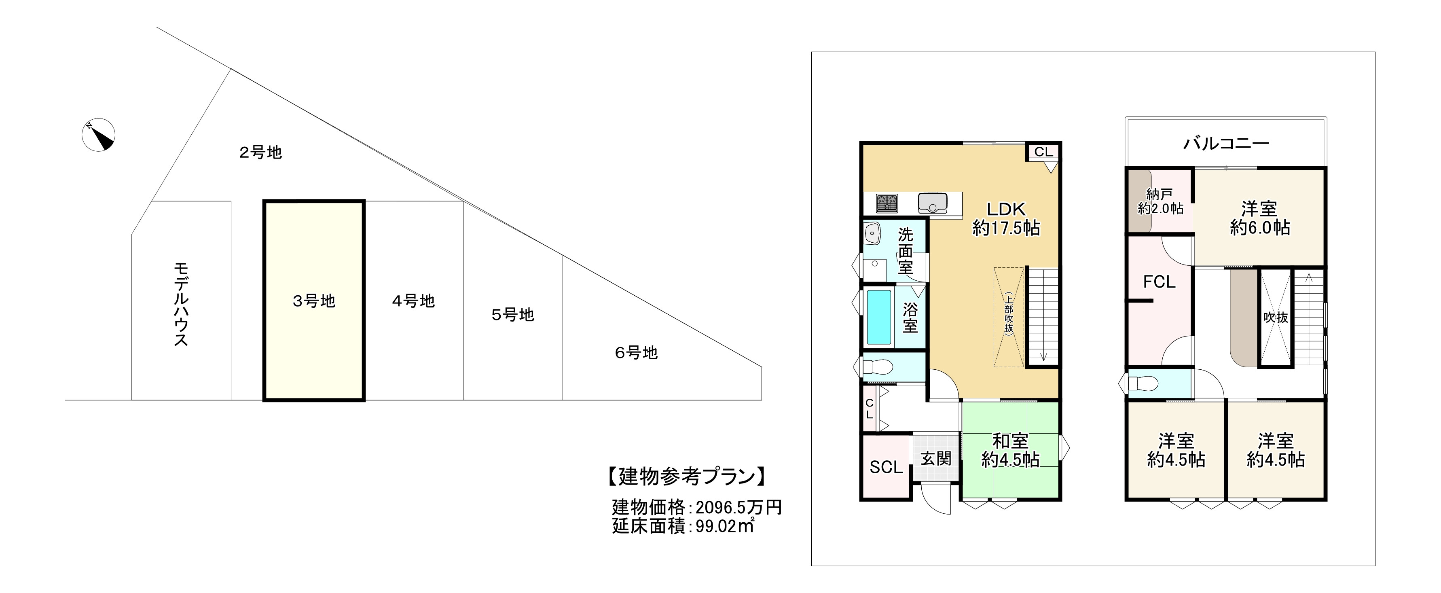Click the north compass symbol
coord(99,136)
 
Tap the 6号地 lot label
coord(636,353)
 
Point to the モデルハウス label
coord(181,304)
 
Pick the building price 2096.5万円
coord(738,507)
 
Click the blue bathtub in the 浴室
coord(879,317)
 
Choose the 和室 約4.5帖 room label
coord(1010,450)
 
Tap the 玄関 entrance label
coord(936,459)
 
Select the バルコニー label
coord(1225,144)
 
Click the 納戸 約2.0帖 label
coord(1160,202)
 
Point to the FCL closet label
coord(1159,282)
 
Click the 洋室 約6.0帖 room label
coord(1260,218)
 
